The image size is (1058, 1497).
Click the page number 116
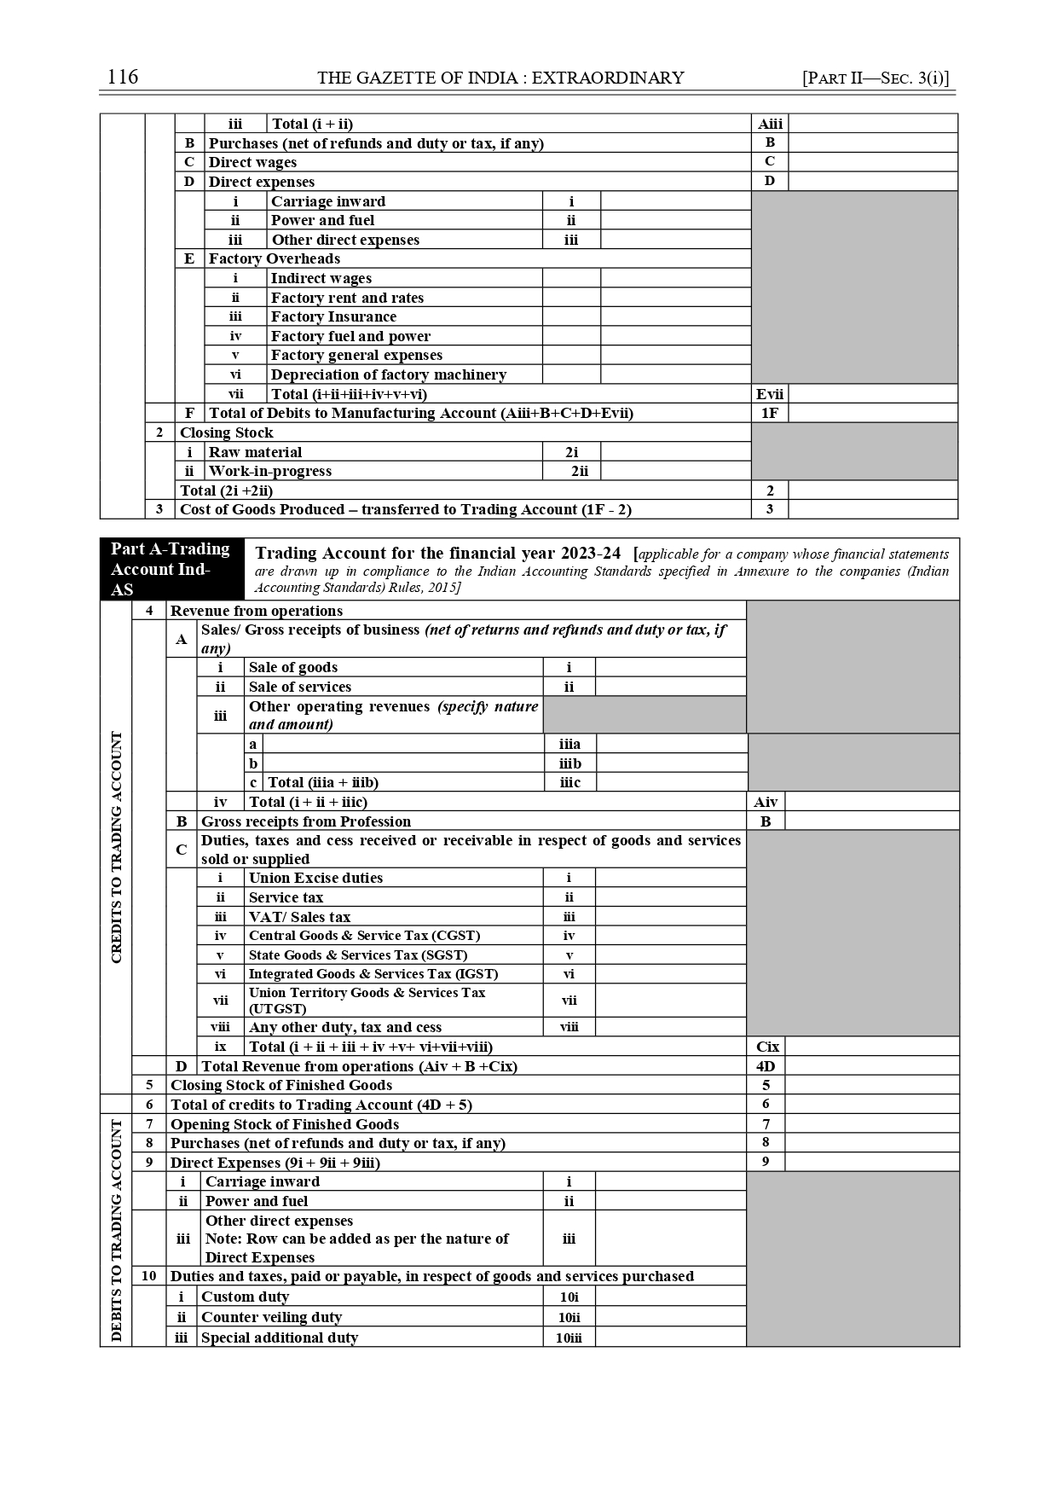123,78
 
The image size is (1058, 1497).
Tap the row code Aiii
770,124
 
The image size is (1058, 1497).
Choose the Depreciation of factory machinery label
388,374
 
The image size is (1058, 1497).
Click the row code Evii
770,394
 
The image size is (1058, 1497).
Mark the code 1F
770,413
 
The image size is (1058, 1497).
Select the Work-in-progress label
270,471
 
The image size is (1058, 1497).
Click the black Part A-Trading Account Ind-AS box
171,569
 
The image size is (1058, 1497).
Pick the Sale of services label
300,687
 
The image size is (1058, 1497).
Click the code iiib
569,763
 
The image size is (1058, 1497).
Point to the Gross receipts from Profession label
306,821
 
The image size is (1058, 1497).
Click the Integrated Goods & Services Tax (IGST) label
373,974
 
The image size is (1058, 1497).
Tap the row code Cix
767,1047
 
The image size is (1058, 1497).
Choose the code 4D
766,1066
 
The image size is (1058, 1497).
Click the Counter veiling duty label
271,1317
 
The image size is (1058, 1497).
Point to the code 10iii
569,1337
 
